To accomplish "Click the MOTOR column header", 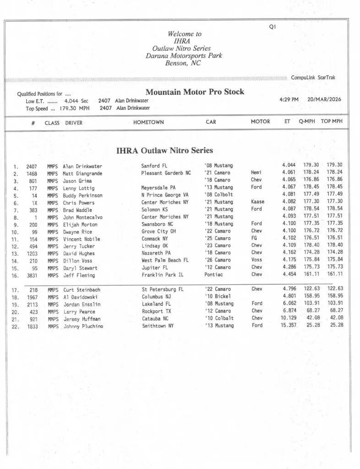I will pos(260,122).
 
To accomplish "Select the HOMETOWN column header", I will pos(148,122).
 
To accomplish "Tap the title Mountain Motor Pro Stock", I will pos(195,92).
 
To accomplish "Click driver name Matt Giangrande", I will pos(82,174).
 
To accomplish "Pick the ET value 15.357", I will pos(286,325).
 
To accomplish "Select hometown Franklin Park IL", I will pos(163,275).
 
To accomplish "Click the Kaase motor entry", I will pos(258,202).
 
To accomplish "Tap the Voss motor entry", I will pos(256,260).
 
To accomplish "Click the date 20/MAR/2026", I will pos(324,99).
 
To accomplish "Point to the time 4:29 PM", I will pos(289,99).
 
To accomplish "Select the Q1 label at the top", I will pos(272,27).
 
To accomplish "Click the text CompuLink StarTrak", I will pos(313,77).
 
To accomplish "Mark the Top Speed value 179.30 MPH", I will pos(75,108).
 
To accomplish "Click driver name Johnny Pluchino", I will pos(83,326).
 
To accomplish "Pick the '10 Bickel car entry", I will pos(218,297).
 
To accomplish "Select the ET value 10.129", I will pos(286,318).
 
